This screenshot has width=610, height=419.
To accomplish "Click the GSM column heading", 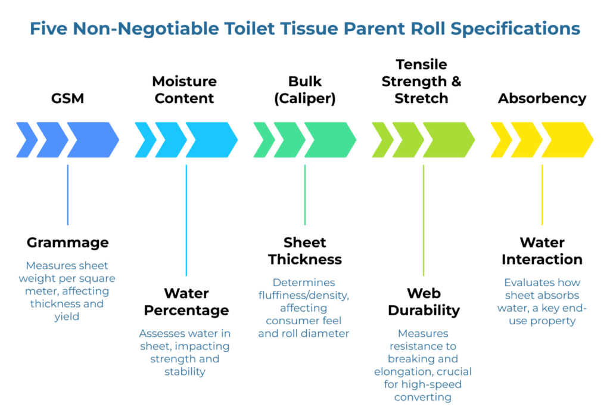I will click(67, 98).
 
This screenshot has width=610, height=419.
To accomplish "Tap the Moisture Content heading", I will click(185, 89).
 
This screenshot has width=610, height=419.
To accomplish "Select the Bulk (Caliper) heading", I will click(304, 89).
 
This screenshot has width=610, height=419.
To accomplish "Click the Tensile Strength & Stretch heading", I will click(422, 81).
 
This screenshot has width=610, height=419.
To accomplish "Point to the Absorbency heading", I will click(542, 98).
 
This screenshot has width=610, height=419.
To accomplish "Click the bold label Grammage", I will click(68, 243).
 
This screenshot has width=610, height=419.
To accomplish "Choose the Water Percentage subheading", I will click(186, 302).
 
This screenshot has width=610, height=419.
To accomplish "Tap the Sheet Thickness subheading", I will click(305, 251).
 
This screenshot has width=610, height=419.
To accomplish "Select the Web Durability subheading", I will click(424, 302).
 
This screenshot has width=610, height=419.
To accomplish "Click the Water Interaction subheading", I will click(542, 251).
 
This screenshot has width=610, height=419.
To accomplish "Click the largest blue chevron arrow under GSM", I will click(92, 140).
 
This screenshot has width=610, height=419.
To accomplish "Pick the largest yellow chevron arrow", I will click(567, 140).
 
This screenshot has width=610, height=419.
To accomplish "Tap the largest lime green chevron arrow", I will click(448, 140).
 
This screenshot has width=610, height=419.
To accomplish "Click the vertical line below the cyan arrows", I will click(186, 221).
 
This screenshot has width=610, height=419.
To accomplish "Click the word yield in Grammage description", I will click(67, 317).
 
